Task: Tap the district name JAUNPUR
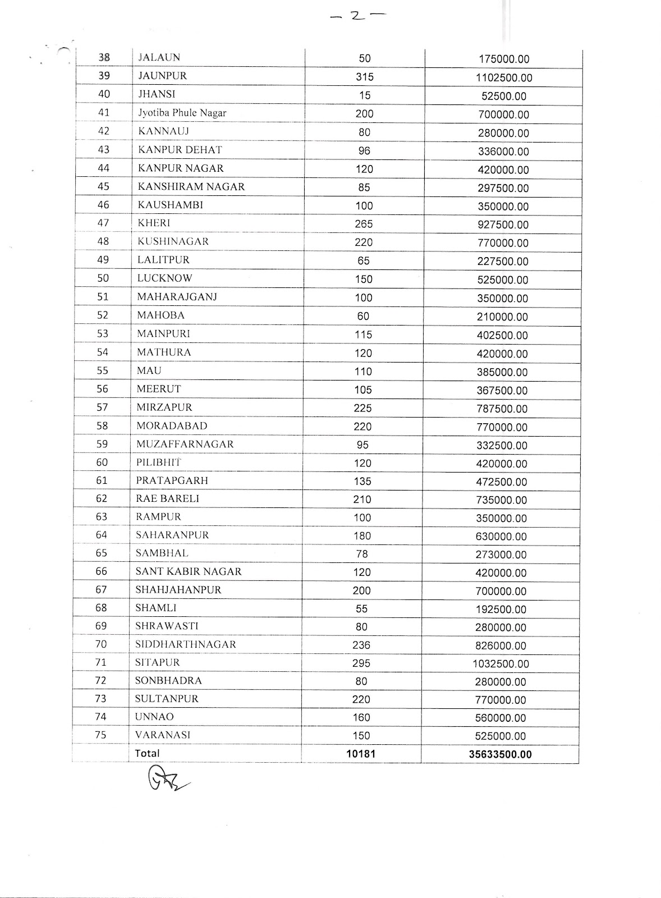[x=162, y=76]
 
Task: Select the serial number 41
[x=104, y=112]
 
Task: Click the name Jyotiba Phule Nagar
[x=182, y=113]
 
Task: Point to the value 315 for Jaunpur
[x=364, y=77]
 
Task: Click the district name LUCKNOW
[x=164, y=278]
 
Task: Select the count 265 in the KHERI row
[x=364, y=224]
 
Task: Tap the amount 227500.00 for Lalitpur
[x=503, y=262]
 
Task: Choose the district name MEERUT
[x=159, y=388]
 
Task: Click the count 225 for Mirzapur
[x=362, y=408]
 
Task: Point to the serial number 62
[x=102, y=498]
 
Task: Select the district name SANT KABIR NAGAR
[x=189, y=571]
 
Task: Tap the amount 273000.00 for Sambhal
[x=501, y=555]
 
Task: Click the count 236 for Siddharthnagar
[x=361, y=645]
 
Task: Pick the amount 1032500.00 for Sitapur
[x=501, y=664]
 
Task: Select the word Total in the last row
[x=147, y=753]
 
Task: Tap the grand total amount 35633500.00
[x=500, y=754]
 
